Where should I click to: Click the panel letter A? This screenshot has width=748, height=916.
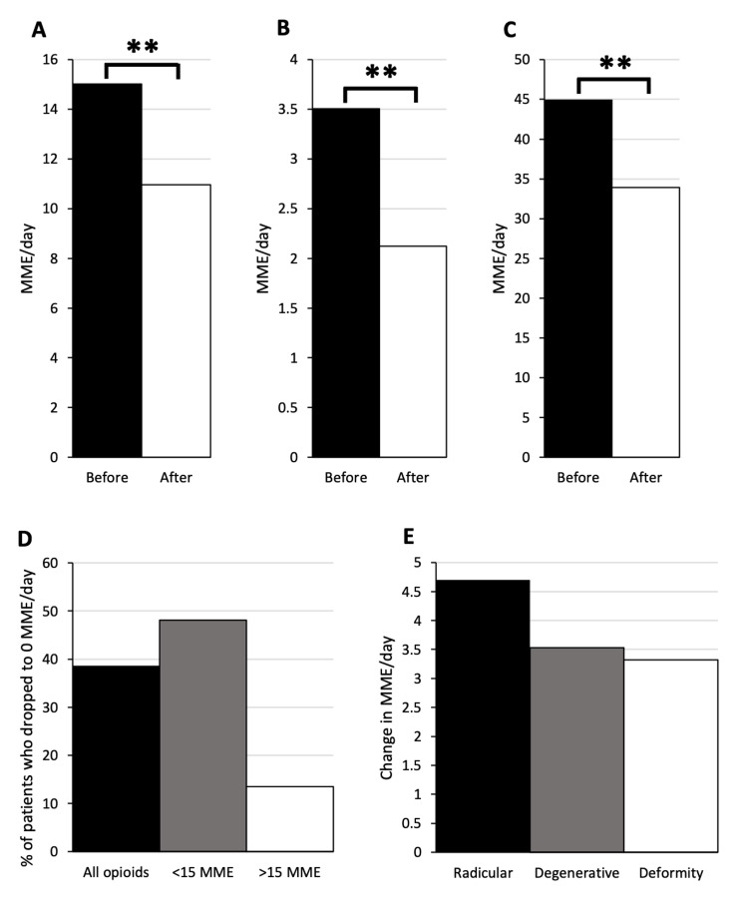pyautogui.click(x=39, y=29)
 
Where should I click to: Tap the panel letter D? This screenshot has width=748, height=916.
pyautogui.click(x=28, y=539)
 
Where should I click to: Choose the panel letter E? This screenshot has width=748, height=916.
pyautogui.click(x=394, y=539)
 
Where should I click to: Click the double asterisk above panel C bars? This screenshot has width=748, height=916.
pyautogui.click(x=614, y=64)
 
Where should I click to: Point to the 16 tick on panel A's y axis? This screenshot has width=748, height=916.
pyautogui.click(x=51, y=60)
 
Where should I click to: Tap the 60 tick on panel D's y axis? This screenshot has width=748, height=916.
pyautogui.click(x=49, y=563)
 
